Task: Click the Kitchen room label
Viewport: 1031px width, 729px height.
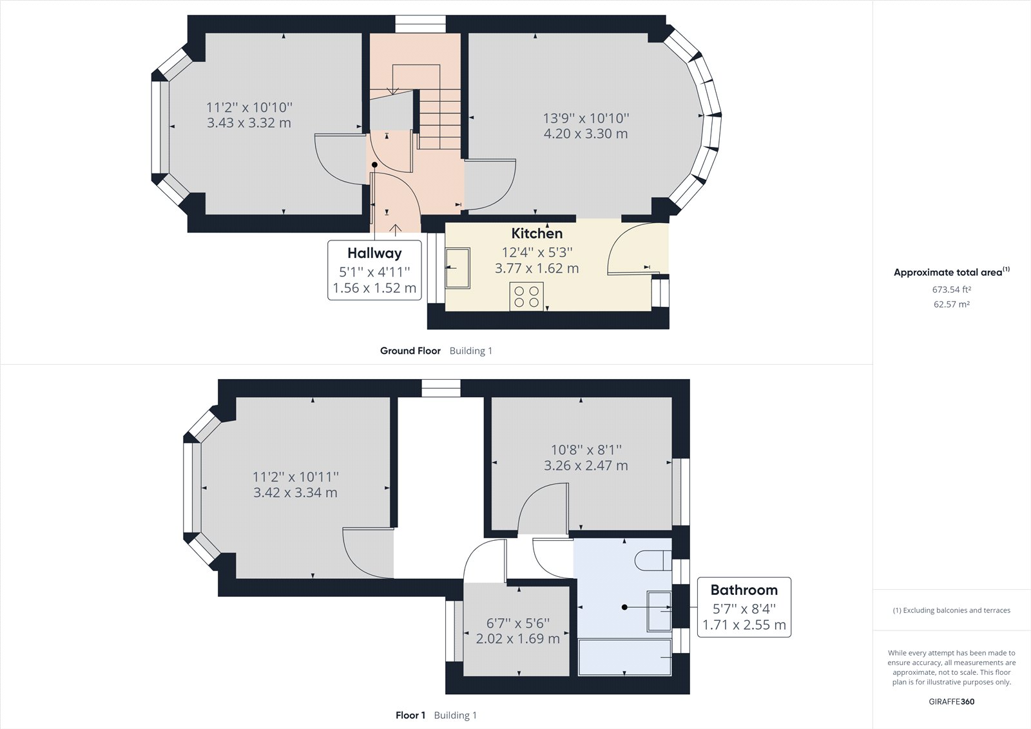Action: pos(537,233)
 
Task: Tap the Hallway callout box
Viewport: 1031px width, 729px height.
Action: pos(374,270)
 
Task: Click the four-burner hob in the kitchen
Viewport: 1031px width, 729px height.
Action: pos(526,296)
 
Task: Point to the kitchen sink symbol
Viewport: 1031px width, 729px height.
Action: pos(458,266)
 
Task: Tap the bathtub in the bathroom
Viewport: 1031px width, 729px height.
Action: pos(624,657)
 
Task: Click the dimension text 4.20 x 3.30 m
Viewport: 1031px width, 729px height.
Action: pos(585,134)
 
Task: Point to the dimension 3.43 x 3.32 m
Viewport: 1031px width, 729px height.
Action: pos(249,122)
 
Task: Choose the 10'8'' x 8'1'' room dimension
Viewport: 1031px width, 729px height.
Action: pos(586,450)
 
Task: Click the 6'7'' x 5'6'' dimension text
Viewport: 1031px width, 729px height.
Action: pos(517,623)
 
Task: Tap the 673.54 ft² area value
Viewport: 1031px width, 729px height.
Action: pos(951,289)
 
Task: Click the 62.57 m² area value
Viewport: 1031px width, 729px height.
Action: pos(951,304)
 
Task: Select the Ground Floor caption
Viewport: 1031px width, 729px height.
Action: pos(410,351)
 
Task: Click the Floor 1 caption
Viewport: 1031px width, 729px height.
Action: pos(410,715)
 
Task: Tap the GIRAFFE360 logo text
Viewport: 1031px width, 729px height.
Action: pos(951,701)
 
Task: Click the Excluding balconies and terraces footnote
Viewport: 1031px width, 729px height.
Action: pos(951,610)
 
